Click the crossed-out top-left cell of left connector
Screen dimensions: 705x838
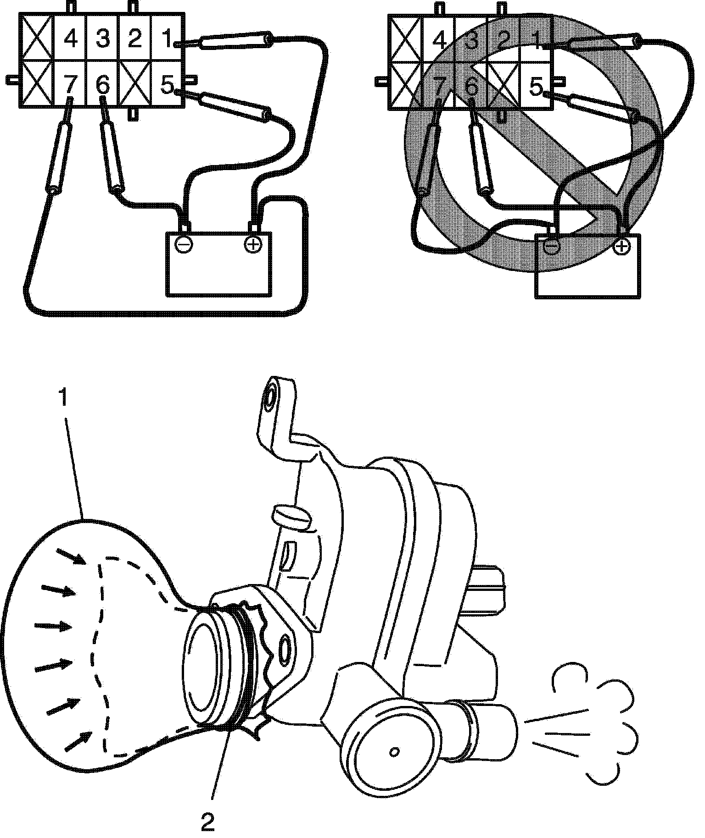(x=36, y=39)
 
